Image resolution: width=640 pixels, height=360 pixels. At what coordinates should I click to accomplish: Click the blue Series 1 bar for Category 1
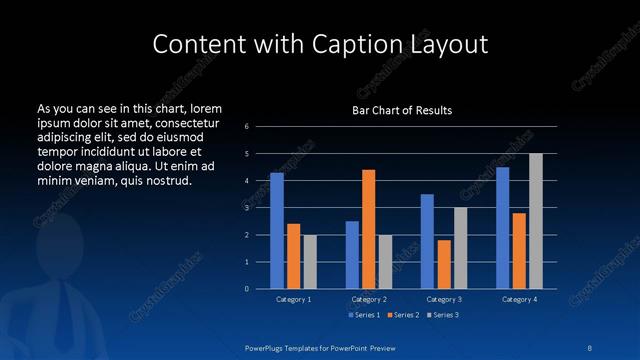pos(277,231)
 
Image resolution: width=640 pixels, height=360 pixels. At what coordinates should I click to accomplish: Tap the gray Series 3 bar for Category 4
pos(536,221)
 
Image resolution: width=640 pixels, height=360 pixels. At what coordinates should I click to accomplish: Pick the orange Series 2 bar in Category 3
pos(444,264)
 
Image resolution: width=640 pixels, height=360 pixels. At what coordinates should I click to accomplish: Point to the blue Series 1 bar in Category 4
pos(502,228)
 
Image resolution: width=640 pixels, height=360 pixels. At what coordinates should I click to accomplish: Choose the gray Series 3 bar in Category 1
pos(310,262)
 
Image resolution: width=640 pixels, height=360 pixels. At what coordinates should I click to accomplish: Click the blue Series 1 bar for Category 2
pos(352,255)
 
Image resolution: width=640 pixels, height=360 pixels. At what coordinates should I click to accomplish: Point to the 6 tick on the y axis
pos(248,126)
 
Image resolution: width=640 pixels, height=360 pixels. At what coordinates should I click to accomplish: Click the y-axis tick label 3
pos(248,207)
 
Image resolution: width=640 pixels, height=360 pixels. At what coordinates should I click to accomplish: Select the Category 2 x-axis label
pos(369,299)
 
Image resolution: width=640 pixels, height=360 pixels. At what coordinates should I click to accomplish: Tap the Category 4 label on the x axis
pos(519,299)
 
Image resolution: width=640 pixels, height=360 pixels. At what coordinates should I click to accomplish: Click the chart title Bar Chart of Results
pos(402,109)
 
